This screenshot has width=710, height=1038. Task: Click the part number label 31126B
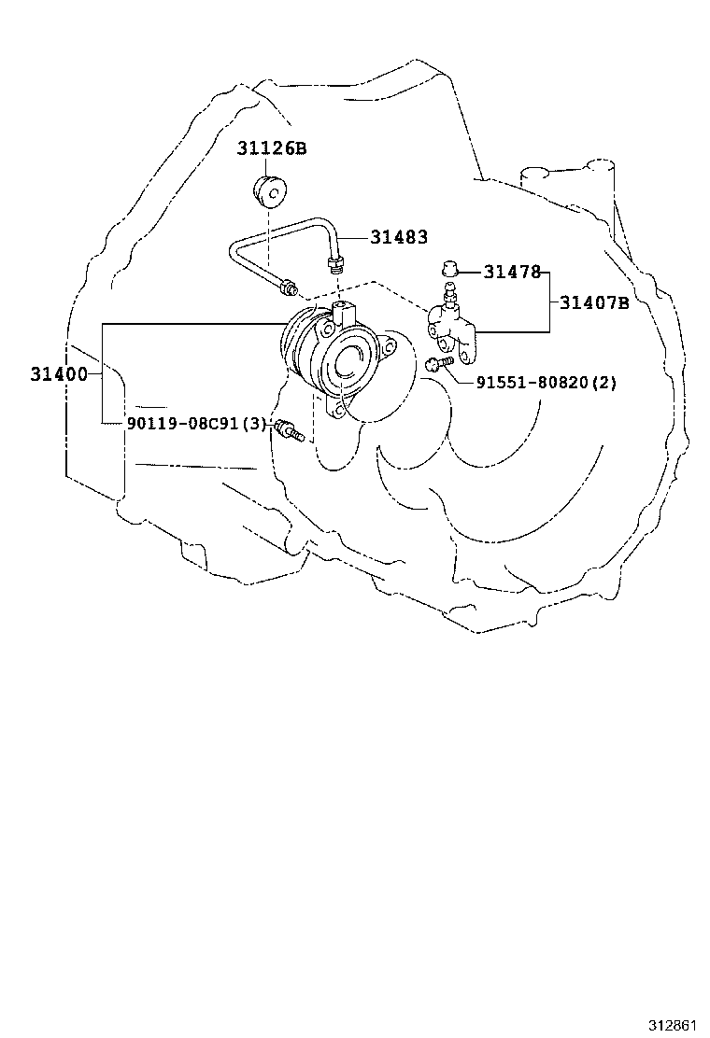click(x=272, y=148)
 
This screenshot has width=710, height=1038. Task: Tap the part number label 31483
click(x=399, y=237)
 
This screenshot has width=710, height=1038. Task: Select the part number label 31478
click(x=513, y=272)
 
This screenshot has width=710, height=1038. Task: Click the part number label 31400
click(x=59, y=374)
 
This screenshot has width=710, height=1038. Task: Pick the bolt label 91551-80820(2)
click(x=547, y=383)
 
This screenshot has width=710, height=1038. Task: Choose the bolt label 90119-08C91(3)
click(x=196, y=424)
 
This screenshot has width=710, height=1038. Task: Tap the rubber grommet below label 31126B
click(x=272, y=190)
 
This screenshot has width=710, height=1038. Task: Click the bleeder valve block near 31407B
click(x=452, y=327)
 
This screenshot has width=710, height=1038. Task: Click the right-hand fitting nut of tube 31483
click(x=335, y=263)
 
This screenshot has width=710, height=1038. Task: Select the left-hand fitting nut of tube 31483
click(x=289, y=288)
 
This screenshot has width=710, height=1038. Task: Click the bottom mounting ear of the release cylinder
click(x=338, y=410)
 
